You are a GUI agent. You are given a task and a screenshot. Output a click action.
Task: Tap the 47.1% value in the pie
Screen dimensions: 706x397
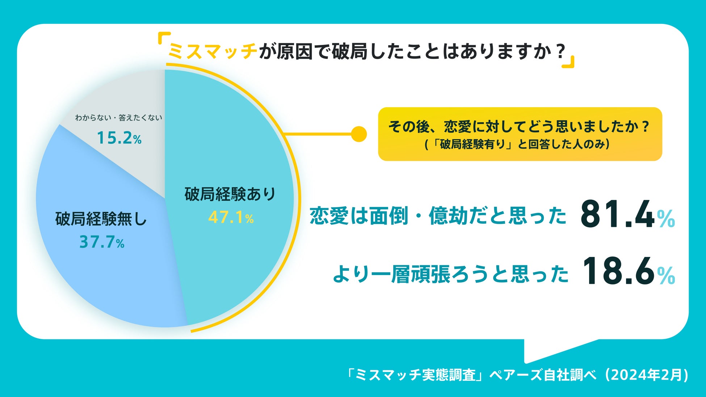pos(231,217)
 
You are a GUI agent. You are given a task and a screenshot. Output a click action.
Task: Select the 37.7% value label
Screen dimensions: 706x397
pos(102,242)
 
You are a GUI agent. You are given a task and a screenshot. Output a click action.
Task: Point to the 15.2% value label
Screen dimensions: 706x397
pos(119,138)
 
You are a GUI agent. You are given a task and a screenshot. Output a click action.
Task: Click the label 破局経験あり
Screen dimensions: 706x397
pos(230,194)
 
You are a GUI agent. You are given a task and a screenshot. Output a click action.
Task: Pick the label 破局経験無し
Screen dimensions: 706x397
pos(101,219)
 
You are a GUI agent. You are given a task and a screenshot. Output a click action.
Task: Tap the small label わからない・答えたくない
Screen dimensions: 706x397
pos(118,118)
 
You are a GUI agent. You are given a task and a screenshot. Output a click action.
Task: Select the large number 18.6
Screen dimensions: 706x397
pos(618,271)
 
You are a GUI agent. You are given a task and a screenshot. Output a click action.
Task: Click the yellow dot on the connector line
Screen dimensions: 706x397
pos(359,134)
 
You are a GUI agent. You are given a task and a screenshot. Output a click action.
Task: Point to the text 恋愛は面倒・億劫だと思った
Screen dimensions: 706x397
pos(438,216)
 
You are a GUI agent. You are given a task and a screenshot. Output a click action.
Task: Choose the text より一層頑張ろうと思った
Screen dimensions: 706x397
pos(450,274)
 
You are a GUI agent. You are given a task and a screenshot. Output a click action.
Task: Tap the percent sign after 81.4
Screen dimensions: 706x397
pos(666,219)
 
